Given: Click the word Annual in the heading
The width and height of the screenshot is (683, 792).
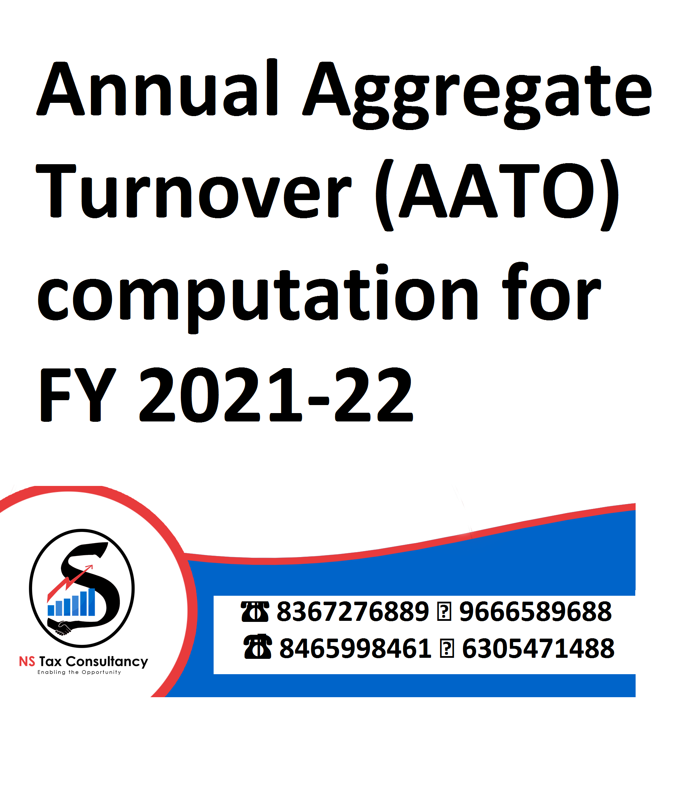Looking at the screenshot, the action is pyautogui.click(x=157, y=87).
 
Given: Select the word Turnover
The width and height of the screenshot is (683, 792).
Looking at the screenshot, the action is pyautogui.click(x=193, y=190).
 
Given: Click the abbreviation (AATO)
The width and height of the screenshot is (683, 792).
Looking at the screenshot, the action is pyautogui.click(x=497, y=195).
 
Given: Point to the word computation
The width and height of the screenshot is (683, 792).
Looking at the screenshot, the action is pyautogui.click(x=258, y=298).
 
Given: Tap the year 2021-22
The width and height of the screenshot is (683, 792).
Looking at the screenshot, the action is pyautogui.click(x=276, y=395).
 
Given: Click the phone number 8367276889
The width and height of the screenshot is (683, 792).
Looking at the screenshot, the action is pyautogui.click(x=352, y=612).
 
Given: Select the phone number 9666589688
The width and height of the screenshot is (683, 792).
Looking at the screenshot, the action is pyautogui.click(x=536, y=612).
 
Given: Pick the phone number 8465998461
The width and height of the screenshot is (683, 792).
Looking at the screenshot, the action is pyautogui.click(x=355, y=649).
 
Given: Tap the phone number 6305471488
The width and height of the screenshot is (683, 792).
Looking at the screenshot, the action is pyautogui.click(x=538, y=649).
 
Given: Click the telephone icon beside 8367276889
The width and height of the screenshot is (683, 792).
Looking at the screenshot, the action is pyautogui.click(x=255, y=612).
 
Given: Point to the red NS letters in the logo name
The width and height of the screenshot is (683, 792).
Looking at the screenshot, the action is pyautogui.click(x=27, y=662).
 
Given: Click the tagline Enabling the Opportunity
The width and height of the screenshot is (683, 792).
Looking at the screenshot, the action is pyautogui.click(x=79, y=672).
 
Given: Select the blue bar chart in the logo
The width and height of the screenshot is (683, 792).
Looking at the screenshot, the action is pyautogui.click(x=71, y=603).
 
